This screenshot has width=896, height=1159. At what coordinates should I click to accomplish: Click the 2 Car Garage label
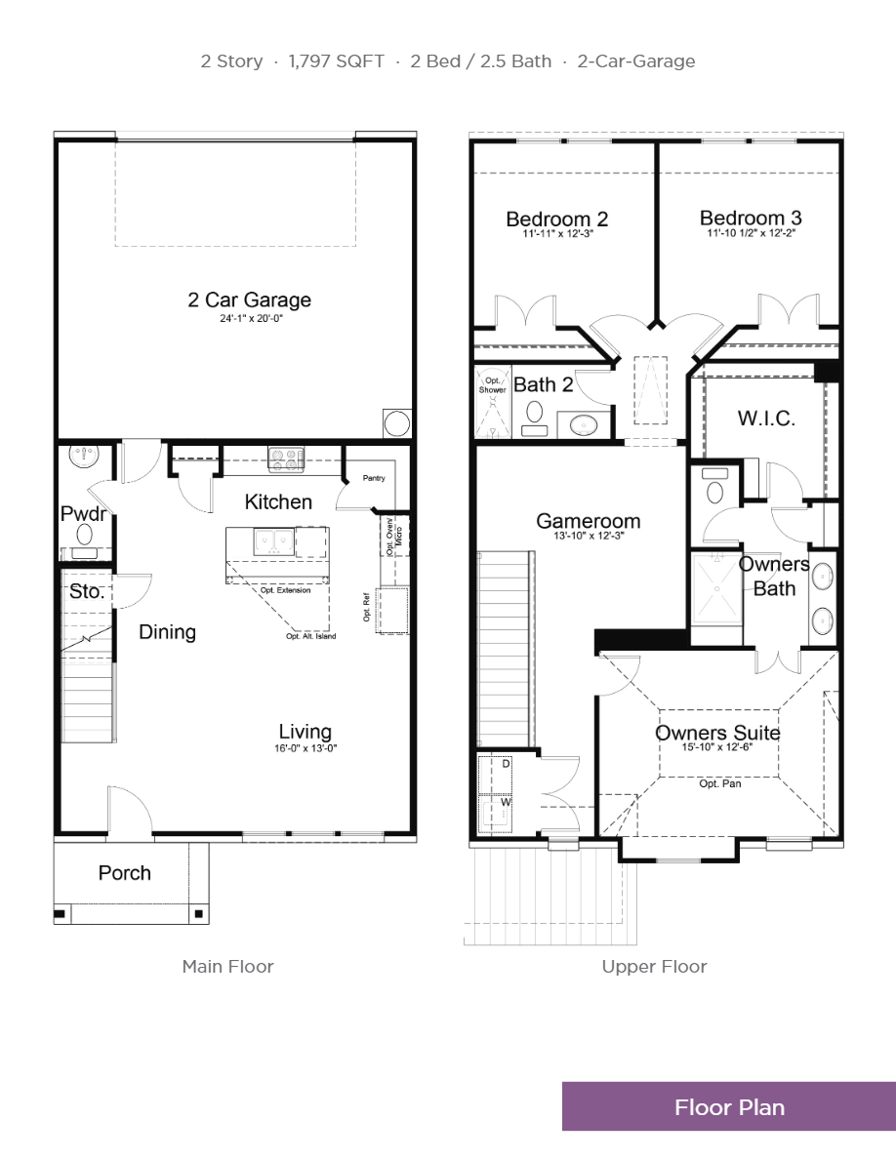pos(249,300)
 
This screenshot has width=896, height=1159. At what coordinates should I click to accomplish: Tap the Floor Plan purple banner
pos(729,1107)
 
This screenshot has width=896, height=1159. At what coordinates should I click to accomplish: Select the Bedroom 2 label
pos(556,219)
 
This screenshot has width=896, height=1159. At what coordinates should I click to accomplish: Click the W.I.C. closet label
pos(766,419)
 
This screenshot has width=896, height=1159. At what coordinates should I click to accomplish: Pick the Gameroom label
pos(588,521)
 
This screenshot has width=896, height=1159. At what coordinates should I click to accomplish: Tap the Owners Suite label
pos(717,733)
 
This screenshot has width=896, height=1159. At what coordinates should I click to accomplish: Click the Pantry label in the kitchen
pos(374,478)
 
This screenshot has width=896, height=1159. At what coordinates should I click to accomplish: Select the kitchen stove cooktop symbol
pos(286,460)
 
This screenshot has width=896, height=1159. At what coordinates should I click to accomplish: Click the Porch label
pos(125,872)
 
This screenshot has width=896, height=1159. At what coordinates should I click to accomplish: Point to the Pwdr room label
pos(83,513)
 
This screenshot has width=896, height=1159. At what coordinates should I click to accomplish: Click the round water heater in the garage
pos(397,423)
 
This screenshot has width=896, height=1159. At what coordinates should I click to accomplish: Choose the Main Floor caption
pos(227,967)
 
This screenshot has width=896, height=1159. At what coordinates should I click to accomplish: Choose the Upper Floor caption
pos(654,967)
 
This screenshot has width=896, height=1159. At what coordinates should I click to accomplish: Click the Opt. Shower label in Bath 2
pos(493,385)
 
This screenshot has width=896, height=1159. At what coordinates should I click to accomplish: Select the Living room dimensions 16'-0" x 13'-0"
pos(305,748)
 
